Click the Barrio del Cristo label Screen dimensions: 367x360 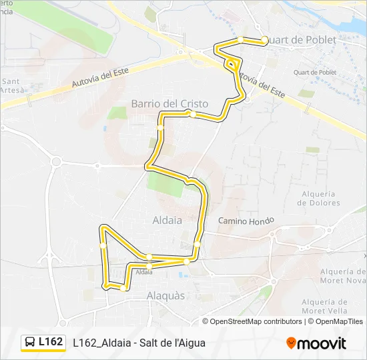tap(169, 104)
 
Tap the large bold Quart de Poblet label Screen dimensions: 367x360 tap(304, 40)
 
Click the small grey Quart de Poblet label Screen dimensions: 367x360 tap(316, 73)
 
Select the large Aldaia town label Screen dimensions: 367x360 tap(168, 219)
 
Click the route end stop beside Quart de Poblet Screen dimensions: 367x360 tap(265, 40)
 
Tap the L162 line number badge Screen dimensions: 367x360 tap(51, 342)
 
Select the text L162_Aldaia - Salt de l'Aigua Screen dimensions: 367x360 tap(139, 343)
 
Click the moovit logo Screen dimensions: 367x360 tap(316, 343)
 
